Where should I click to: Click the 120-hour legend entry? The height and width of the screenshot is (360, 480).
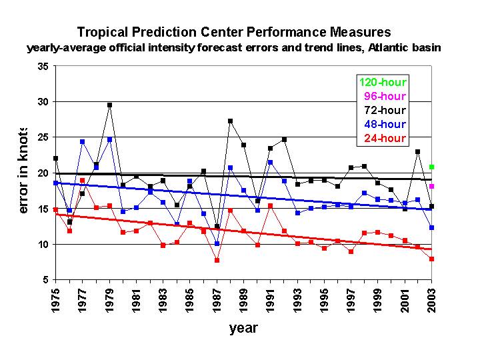click(383, 83)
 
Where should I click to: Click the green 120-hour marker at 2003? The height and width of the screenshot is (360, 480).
click(432, 167)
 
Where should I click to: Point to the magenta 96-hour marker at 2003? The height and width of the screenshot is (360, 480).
click(432, 186)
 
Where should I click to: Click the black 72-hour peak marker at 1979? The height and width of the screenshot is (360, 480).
click(109, 105)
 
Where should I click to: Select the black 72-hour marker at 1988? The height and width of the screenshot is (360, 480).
click(230, 121)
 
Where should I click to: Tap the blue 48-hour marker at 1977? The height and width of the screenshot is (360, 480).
click(82, 141)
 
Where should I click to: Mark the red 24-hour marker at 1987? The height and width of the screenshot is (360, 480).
click(217, 260)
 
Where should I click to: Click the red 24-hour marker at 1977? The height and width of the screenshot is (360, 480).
click(82, 181)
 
